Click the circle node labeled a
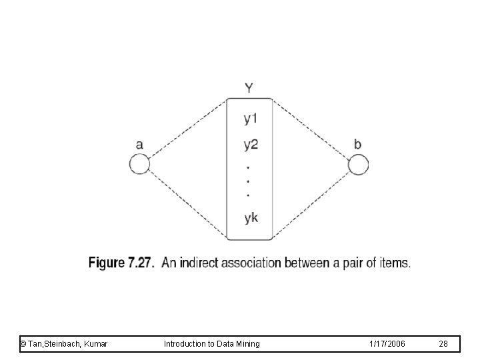(139, 164)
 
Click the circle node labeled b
(358, 164)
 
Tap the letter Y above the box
(249, 87)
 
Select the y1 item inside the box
(251, 120)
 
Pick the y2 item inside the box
(251, 143)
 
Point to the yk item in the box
(251, 218)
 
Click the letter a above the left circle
(139, 144)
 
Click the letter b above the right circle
(358, 143)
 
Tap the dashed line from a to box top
(188, 130)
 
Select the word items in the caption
(395, 263)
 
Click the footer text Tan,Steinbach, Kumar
(65, 343)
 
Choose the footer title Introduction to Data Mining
(211, 343)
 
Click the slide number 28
(444, 343)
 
